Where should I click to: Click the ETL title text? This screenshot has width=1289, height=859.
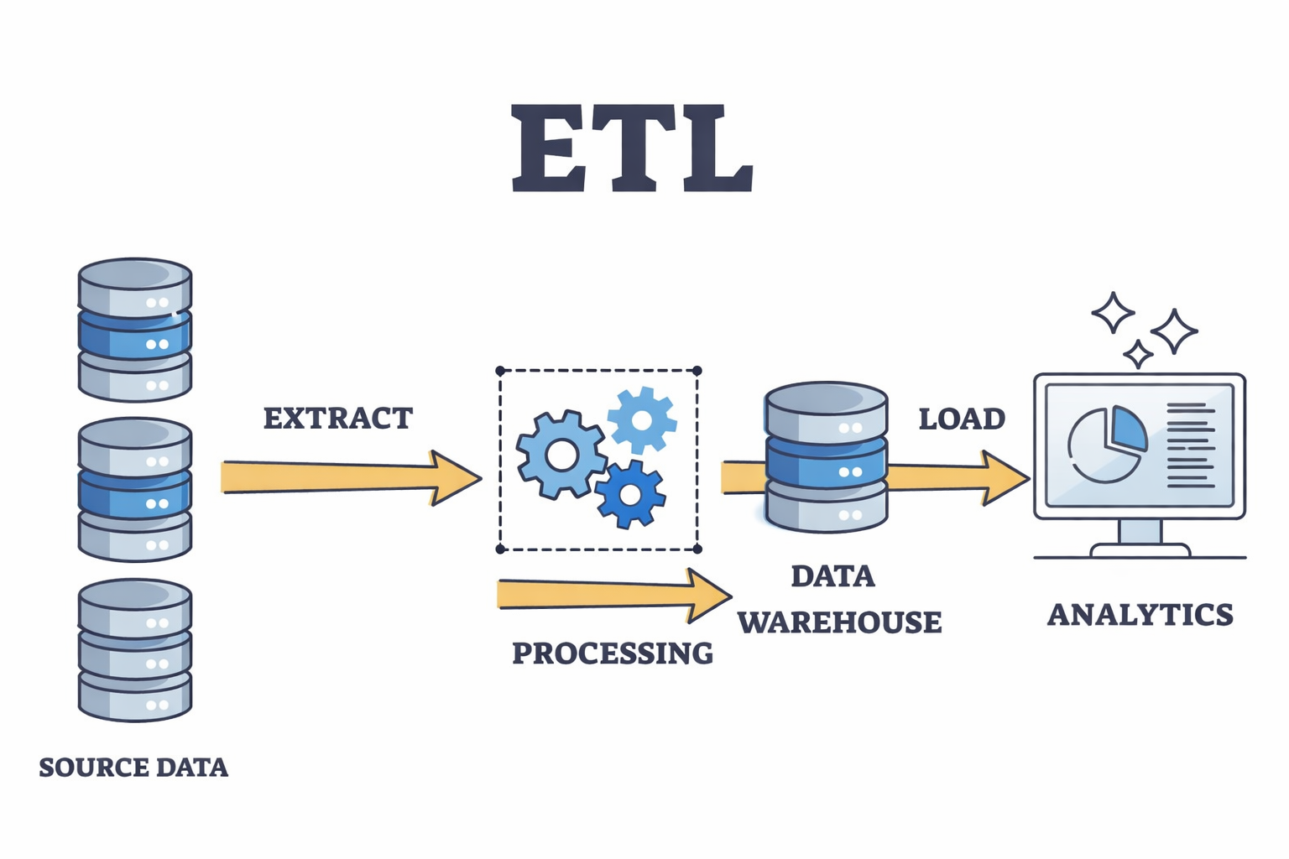pos(631,149)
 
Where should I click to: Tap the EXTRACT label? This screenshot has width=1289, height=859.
pos(337,418)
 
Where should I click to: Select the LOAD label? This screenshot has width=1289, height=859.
pos(962,419)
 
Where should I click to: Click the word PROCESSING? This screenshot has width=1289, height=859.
pos(612,653)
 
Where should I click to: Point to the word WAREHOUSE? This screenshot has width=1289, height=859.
pos(839,622)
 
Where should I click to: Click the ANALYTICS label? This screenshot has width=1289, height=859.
pos(1140,614)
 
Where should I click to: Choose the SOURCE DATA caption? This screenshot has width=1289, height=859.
pos(133,767)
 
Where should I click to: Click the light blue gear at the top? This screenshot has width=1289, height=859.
pos(642,419)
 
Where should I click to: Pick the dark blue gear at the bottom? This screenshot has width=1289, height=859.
pos(629,494)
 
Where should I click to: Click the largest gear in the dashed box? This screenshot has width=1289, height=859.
pos(561,456)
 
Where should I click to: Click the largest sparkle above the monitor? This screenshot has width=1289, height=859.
pos(1173,331)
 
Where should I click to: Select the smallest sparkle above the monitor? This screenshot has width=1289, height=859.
pos(1138,354)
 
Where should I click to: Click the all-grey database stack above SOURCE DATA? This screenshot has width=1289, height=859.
pos(135,649)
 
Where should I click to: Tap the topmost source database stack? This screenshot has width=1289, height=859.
pos(135,329)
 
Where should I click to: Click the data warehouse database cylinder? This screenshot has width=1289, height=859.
pos(826,457)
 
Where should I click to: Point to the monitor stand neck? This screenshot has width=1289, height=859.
pos(1140,531)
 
